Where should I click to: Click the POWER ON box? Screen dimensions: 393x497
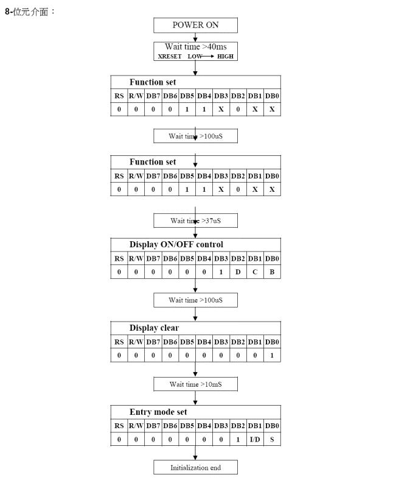pos(195,25)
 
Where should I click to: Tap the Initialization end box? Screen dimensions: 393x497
pos(195,467)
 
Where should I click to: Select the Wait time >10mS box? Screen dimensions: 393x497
pos(195,384)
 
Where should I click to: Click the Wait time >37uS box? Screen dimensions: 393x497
pos(195,220)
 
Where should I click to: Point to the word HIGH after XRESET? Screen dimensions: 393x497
pos(225,57)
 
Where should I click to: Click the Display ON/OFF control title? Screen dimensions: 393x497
pos(176,244)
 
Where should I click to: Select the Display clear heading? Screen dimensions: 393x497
pos(154,328)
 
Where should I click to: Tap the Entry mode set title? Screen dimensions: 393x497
pos(158,412)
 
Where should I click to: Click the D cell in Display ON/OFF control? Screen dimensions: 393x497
pos(238,272)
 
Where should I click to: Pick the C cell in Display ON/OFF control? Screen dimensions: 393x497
pos(255,272)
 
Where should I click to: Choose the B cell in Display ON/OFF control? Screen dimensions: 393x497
pos(272,272)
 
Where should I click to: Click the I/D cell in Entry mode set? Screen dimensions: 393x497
pos(255,439)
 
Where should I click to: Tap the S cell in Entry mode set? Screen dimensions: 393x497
pos(272,439)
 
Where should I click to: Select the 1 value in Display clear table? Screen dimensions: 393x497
pos(272,355)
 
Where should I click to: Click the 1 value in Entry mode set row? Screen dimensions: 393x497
pos(238,439)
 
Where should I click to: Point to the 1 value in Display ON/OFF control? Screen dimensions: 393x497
pos(221,272)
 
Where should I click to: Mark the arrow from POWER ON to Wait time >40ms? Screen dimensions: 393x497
pos(195,37)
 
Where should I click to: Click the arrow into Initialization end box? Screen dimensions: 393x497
pos(195,453)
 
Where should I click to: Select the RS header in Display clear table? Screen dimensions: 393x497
pos(119,342)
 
